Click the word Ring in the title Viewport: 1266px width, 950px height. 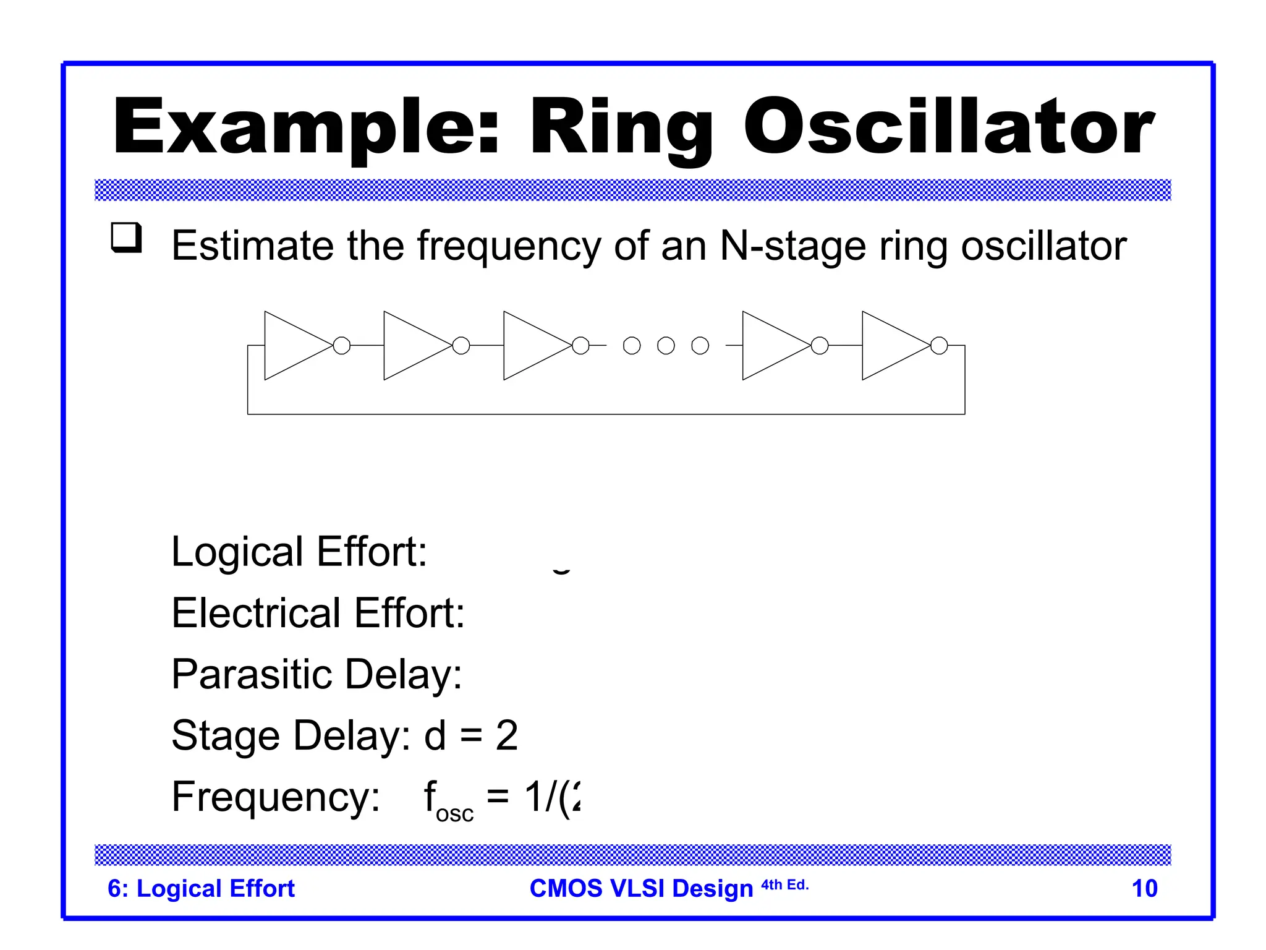[x=621, y=129]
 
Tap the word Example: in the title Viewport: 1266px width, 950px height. [x=305, y=129]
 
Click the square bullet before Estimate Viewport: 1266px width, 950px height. [x=126, y=237]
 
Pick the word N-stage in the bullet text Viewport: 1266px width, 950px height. [x=793, y=246]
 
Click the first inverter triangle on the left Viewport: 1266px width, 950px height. [x=294, y=345]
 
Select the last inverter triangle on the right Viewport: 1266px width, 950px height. [x=891, y=345]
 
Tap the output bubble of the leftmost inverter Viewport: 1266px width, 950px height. [x=342, y=345]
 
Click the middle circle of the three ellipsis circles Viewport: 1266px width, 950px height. [x=666, y=345]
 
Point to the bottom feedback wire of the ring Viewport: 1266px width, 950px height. [x=606, y=414]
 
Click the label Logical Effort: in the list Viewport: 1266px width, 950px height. [x=299, y=551]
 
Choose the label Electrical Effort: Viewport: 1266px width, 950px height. [x=318, y=613]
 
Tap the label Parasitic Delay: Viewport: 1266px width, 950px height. [x=316, y=674]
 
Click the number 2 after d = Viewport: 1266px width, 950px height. [x=507, y=735]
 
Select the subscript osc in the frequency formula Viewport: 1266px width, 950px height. [x=454, y=814]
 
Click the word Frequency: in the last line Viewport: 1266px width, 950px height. [x=276, y=797]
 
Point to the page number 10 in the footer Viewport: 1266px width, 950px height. [x=1144, y=888]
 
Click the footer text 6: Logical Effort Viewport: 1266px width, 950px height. [x=201, y=888]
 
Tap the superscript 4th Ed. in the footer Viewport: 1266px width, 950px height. [x=784, y=885]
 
